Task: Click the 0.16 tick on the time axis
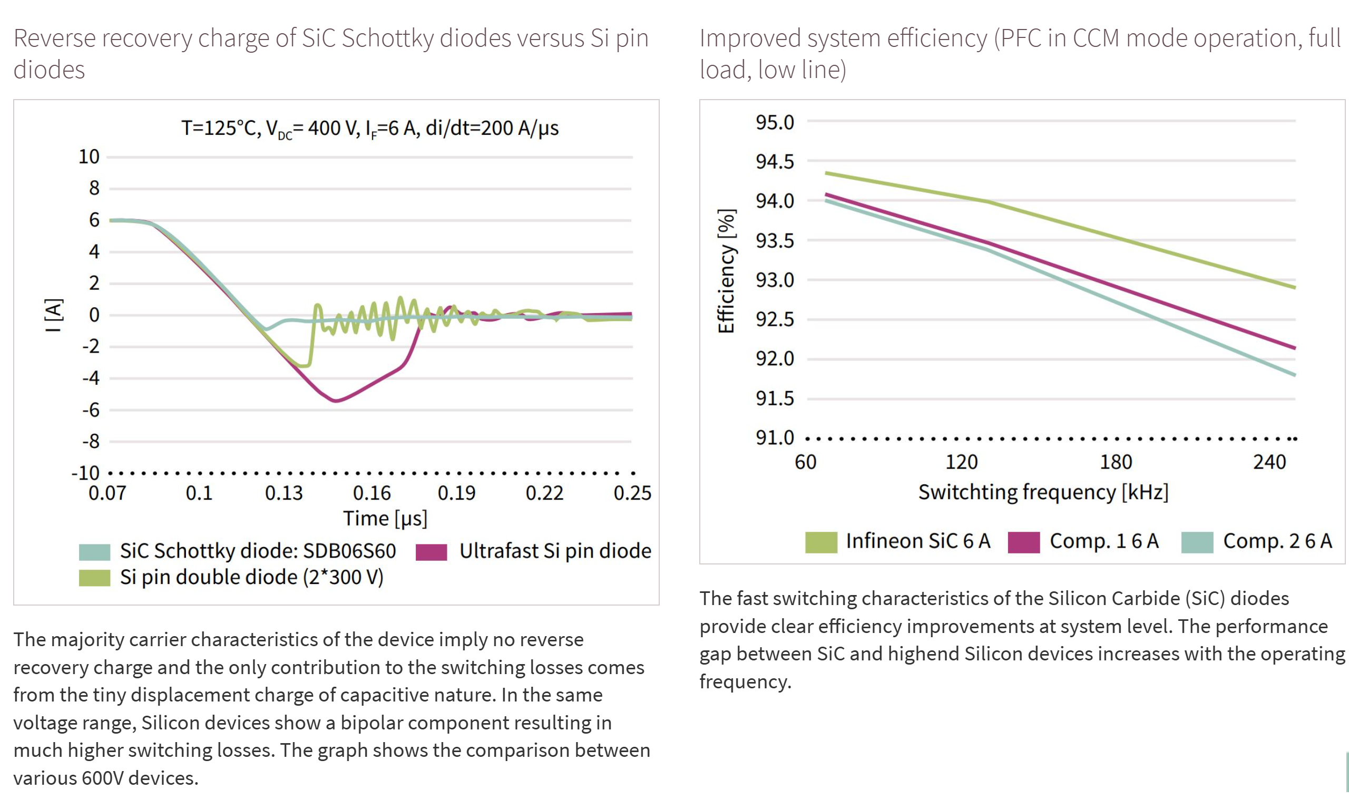click(372, 493)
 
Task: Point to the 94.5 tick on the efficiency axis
click(775, 161)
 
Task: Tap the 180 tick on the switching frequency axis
click(1116, 463)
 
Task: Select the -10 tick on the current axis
click(85, 473)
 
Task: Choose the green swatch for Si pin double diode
click(95, 578)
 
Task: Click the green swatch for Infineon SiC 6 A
click(821, 542)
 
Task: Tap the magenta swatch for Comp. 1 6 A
click(1023, 542)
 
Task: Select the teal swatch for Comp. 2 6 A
click(1197, 542)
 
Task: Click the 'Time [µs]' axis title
click(385, 519)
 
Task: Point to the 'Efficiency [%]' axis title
click(727, 271)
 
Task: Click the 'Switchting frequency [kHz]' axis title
click(1043, 493)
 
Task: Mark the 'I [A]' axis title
click(54, 315)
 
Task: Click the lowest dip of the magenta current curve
click(336, 401)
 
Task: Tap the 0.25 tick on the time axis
click(632, 493)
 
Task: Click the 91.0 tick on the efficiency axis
click(775, 439)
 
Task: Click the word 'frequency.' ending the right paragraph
click(746, 682)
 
